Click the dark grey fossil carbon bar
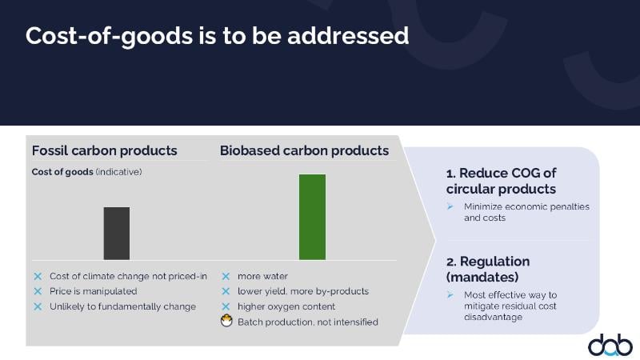(116, 233)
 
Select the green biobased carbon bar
(312, 217)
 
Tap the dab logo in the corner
(610, 346)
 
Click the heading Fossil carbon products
(105, 150)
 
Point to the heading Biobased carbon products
(305, 150)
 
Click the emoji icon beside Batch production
(226, 321)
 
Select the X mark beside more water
(226, 276)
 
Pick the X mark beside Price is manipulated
(38, 291)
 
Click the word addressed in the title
(348, 35)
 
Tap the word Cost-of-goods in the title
(109, 36)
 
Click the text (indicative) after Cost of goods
(118, 172)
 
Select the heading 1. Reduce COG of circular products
(502, 181)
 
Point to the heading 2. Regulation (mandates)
(488, 269)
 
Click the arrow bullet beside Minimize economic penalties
(450, 206)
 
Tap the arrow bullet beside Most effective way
(450, 294)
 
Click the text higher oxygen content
(286, 306)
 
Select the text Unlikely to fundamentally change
(123, 306)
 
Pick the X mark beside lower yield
(226, 291)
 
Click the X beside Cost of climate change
(38, 276)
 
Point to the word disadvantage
(493, 317)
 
